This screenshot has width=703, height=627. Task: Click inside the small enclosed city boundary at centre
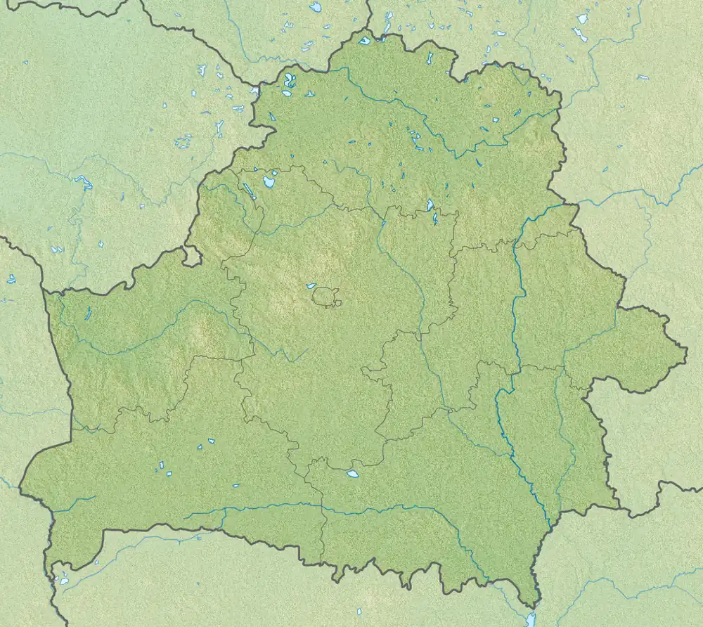(x=325, y=297)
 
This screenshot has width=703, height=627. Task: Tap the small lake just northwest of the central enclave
(x=310, y=285)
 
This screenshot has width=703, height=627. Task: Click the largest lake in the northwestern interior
(x=269, y=182)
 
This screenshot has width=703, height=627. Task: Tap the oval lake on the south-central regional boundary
(x=352, y=474)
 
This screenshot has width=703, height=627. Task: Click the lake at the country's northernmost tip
(x=364, y=41)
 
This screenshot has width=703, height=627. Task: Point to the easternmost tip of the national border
(x=686, y=347)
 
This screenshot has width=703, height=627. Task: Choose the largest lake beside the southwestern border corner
(x=64, y=581)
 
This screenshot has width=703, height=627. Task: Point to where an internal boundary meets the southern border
(x=323, y=562)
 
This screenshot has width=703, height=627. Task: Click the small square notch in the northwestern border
(x=193, y=256)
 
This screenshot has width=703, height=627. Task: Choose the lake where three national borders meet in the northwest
(x=254, y=90)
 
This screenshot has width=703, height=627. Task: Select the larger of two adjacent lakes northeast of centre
(x=430, y=205)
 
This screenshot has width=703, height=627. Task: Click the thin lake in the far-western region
(x=88, y=314)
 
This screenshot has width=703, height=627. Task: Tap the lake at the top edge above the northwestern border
(x=316, y=7)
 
